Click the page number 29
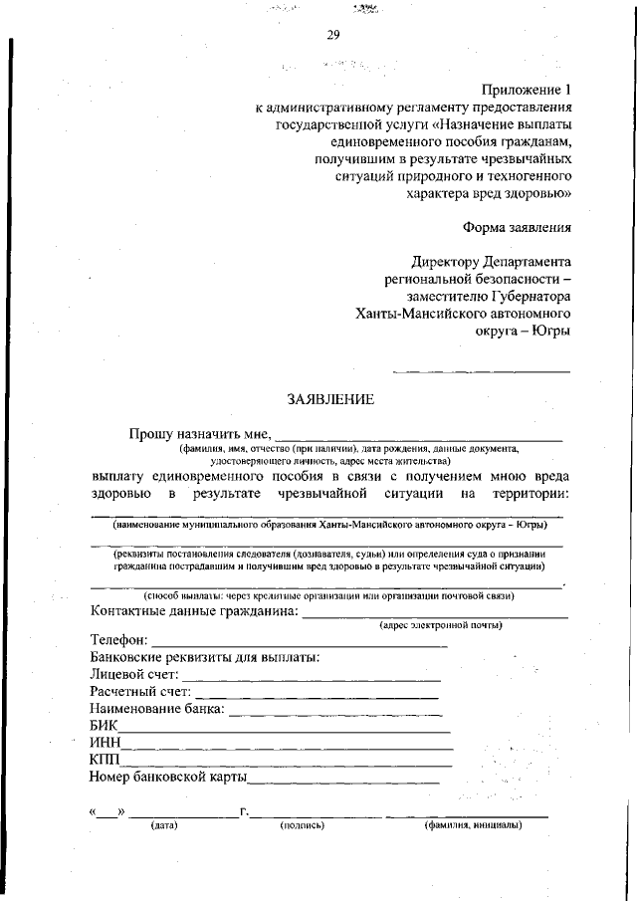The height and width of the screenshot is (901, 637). (333, 36)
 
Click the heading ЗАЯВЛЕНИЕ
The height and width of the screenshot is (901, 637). (330, 399)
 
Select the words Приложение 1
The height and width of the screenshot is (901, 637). (527, 89)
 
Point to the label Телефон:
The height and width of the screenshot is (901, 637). (119, 640)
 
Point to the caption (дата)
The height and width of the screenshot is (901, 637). (163, 825)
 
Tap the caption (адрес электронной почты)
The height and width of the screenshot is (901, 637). (440, 625)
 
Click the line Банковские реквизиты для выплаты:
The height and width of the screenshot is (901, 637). (204, 657)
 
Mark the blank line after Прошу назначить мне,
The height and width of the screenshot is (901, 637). (418, 437)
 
